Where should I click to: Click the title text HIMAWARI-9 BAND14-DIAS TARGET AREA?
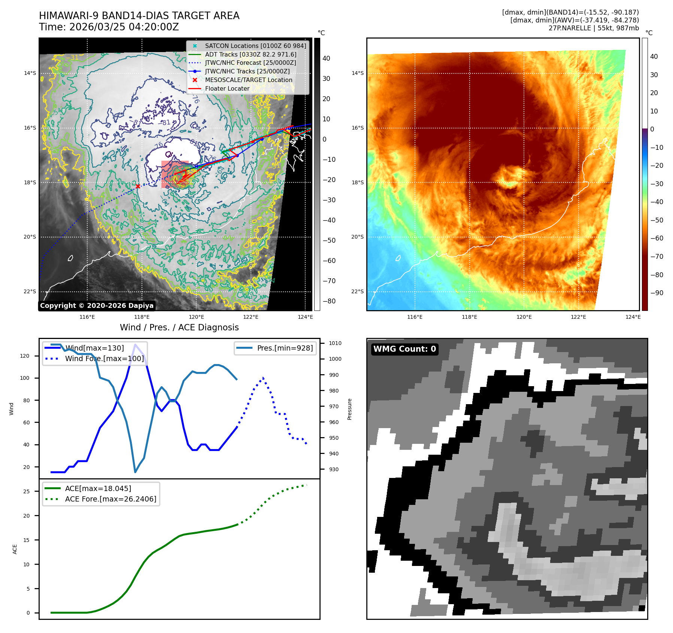tap(139, 16)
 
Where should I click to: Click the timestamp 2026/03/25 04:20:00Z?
tap(124, 27)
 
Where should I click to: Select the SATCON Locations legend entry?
tap(255, 46)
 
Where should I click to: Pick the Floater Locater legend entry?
tap(227, 88)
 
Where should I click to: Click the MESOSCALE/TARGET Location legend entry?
tap(248, 80)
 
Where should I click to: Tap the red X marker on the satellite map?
tap(138, 186)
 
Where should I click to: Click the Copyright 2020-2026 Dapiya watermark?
tap(97, 306)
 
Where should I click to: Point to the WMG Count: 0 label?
tap(404, 349)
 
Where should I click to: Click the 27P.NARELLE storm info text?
tap(593, 28)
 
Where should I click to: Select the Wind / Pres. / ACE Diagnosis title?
tap(179, 327)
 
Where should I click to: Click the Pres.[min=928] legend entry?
tap(285, 348)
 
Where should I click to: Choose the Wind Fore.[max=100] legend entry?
tap(104, 358)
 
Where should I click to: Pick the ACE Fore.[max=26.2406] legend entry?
tap(110, 499)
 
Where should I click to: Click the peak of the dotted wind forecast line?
tap(263, 378)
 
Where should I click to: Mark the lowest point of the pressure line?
tap(135, 472)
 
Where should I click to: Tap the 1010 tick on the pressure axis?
tap(335, 343)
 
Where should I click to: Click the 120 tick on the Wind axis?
tap(25, 356)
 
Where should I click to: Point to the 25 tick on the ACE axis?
tap(26, 491)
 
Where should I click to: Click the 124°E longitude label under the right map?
tap(633, 317)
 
